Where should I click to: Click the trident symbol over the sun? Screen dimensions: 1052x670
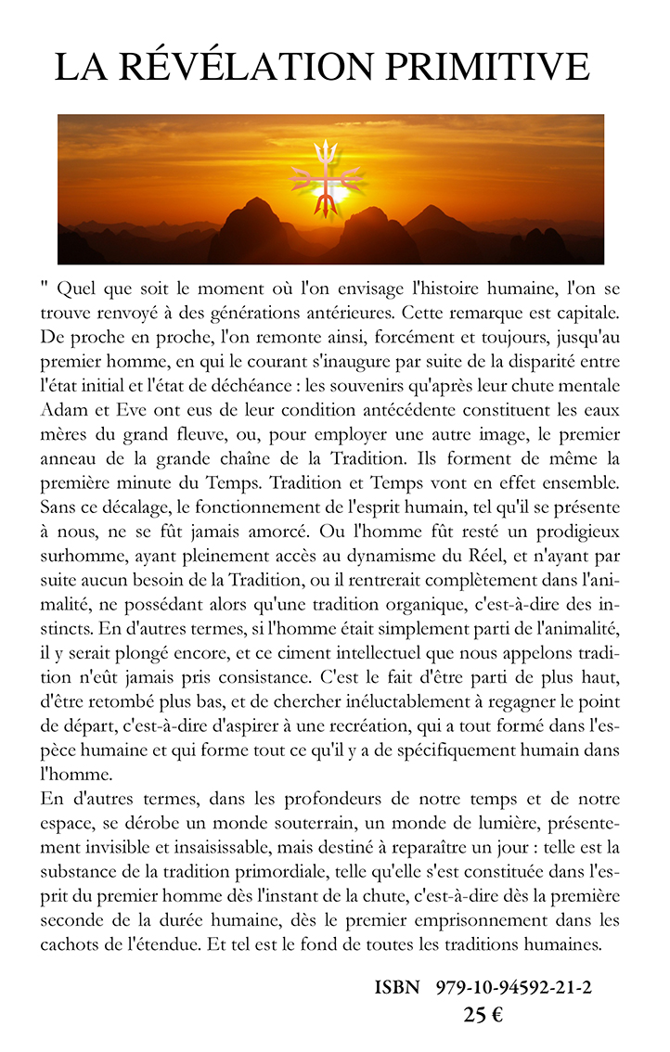click(x=326, y=177)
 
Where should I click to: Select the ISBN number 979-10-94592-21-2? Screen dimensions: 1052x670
click(x=513, y=988)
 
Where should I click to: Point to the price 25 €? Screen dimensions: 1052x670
click(x=483, y=1015)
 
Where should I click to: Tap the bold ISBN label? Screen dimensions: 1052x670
click(x=397, y=988)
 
